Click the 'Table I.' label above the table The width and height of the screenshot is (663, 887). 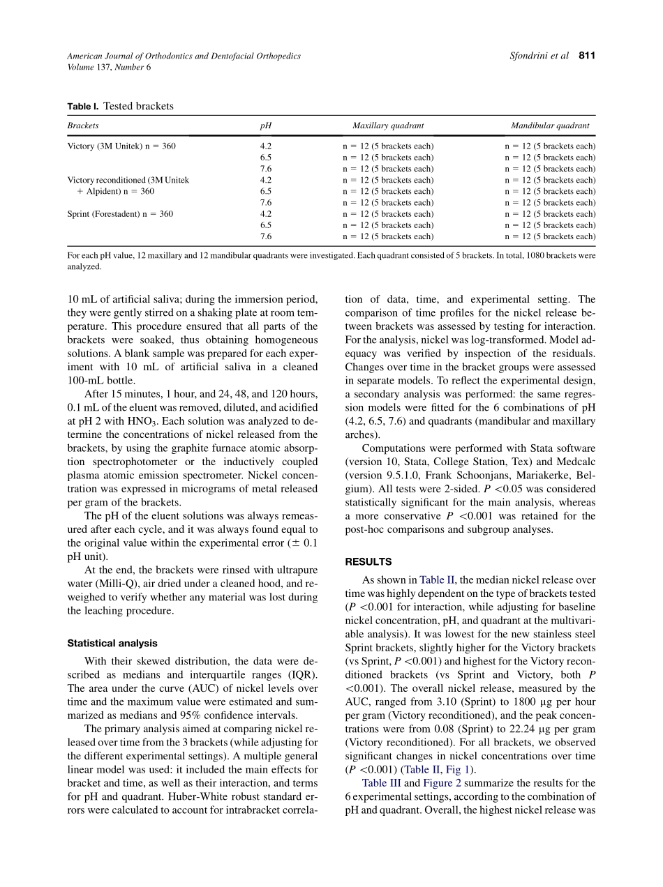[x=83, y=107]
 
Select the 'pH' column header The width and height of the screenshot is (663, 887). [x=265, y=126]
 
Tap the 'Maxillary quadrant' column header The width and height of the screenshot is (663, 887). [x=388, y=126]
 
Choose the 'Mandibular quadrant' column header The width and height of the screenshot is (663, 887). [x=550, y=126]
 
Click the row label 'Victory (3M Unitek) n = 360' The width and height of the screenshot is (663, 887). [x=121, y=146]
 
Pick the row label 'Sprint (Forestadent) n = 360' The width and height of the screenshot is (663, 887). [x=120, y=214]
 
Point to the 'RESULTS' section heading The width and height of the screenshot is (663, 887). [x=368, y=561]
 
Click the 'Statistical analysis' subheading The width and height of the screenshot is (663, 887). [x=112, y=644]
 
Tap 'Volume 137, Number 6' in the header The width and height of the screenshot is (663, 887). [x=109, y=68]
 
